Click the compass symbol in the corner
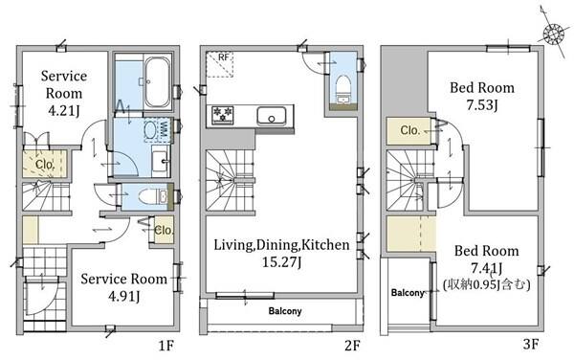point(553,34)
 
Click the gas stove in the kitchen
point(223,113)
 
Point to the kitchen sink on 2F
point(272,116)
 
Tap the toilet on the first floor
point(150,196)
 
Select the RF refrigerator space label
point(223,57)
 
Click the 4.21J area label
point(64,110)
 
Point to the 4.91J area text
point(124,296)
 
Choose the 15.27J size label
point(281,262)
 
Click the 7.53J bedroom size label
point(482,105)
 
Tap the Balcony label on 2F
point(285,311)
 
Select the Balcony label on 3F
point(408,293)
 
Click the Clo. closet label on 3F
point(409,130)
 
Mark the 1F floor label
point(166,346)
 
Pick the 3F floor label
point(530,345)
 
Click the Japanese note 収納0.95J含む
point(487,285)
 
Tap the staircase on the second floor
point(231,180)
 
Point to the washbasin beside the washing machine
point(161,161)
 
